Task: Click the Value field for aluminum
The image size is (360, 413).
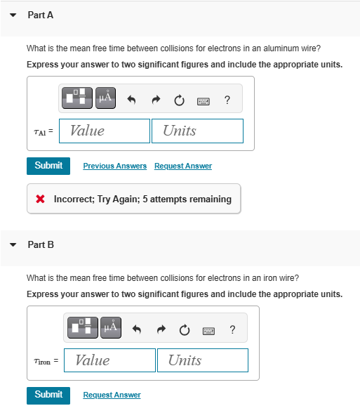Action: (104, 131)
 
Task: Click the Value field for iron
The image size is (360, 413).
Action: (109, 360)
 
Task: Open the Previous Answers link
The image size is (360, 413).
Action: (114, 166)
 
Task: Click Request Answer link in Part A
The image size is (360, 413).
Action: (182, 166)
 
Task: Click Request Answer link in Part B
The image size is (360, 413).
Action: (112, 395)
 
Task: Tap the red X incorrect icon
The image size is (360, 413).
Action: (41, 199)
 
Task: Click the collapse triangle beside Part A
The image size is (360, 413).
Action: (13, 15)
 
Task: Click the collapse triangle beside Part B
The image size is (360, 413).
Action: (13, 245)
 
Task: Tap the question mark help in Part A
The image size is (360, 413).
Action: (227, 99)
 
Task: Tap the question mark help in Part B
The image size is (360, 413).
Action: (232, 328)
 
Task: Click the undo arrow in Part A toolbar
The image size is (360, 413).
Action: (131, 99)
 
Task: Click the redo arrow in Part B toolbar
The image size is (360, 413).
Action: (159, 328)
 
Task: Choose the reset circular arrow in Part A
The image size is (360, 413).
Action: (179, 99)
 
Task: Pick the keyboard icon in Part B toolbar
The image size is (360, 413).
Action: (208, 329)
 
